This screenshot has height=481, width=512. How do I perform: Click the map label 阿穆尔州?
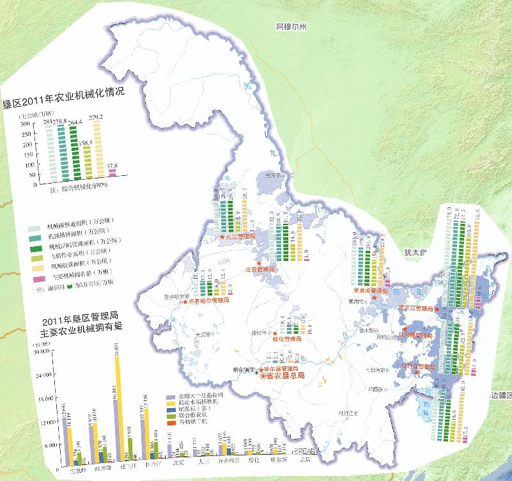click(x=291, y=28)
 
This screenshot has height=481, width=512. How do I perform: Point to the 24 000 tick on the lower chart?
click(x=43, y=375)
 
